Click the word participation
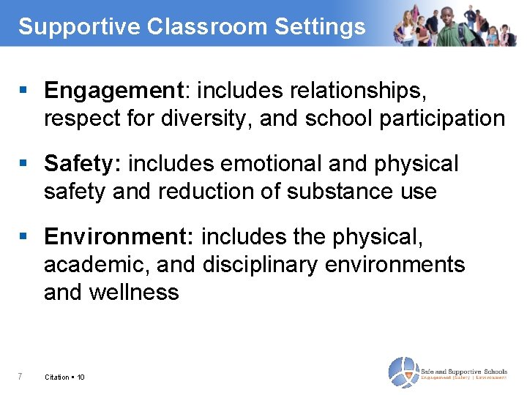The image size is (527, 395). (442, 118)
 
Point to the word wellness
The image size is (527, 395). (133, 292)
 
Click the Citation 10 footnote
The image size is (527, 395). (64, 377)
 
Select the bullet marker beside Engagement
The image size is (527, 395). (23, 91)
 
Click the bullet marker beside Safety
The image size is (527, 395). (23, 164)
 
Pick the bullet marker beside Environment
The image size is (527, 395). (23, 237)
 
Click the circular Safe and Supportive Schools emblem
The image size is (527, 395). (403, 372)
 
